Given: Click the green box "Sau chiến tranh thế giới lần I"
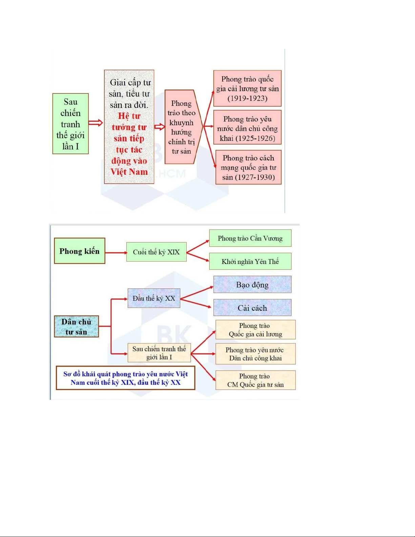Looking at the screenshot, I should [70, 124].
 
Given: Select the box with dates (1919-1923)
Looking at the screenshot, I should [247, 88].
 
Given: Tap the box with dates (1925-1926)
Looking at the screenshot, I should [247, 128].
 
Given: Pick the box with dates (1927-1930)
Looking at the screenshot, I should [248, 167].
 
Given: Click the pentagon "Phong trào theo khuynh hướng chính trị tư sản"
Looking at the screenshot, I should [182, 127].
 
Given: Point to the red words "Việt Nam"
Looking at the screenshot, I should [129, 172].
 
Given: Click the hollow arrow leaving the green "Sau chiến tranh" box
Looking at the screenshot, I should [96, 123].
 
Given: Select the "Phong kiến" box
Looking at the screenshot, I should [80, 251].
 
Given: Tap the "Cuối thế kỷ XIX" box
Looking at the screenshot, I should [156, 252].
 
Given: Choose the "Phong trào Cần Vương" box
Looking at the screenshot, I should [250, 238].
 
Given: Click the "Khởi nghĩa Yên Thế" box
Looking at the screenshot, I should [250, 261].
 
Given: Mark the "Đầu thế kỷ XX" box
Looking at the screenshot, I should [154, 298].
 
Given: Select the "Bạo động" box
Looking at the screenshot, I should [252, 285].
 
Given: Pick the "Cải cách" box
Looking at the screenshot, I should [252, 308].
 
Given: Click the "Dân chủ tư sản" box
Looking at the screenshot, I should [76, 327].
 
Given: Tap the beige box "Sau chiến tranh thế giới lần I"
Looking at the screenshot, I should [159, 353].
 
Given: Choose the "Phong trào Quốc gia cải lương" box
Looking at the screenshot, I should [255, 330].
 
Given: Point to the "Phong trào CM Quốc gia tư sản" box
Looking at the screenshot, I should [255, 380].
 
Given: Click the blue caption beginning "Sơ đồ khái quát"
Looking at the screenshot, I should [125, 378].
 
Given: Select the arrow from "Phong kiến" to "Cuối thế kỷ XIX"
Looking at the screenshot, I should [116, 252].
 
